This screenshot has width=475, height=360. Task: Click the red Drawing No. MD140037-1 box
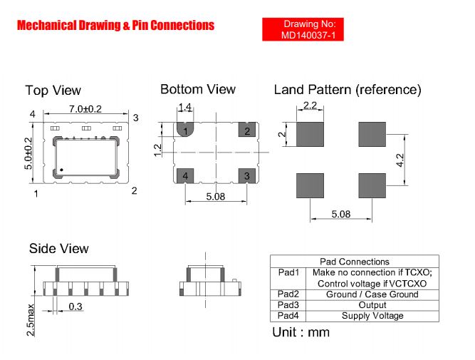point(303,29)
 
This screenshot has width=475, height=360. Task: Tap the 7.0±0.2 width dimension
point(85,108)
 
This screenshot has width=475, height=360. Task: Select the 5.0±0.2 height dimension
point(28,153)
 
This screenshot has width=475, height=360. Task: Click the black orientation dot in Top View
point(61,170)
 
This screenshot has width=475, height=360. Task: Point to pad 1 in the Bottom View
point(185,129)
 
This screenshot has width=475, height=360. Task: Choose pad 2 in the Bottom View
point(247,130)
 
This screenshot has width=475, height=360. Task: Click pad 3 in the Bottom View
point(247,176)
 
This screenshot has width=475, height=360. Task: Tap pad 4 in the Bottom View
point(185,176)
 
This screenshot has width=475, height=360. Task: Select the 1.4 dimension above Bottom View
point(184,107)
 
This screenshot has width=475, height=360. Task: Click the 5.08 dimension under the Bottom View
point(216,197)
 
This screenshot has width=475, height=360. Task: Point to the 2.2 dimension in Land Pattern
point(310,106)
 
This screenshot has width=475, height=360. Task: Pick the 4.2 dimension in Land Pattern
point(400,160)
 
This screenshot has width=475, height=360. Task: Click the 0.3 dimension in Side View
point(75,307)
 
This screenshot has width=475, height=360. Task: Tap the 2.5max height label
point(31,319)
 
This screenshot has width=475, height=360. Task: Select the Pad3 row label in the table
point(288,305)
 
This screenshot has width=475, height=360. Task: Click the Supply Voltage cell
point(372,316)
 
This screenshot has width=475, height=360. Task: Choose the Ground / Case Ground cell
point(372,294)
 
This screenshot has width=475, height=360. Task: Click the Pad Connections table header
point(355,262)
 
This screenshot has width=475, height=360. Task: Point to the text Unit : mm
point(301,332)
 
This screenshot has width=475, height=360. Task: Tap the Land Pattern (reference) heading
point(348,90)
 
